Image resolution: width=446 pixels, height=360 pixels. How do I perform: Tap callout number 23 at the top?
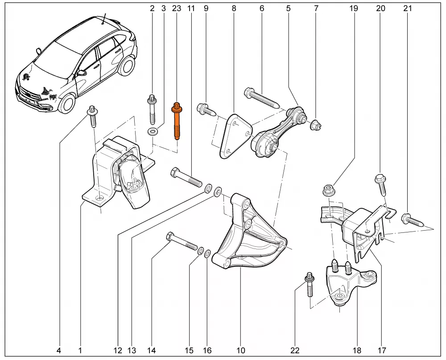click(177, 8)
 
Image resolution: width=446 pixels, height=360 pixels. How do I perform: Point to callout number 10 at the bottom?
click(241, 351)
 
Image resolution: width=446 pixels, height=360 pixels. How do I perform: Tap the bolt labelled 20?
click(382, 183)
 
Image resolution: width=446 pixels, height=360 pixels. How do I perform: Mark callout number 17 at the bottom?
click(382, 351)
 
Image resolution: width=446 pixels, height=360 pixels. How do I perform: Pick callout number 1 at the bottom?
click(80, 351)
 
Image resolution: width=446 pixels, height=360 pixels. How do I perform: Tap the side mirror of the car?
click(82, 72)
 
